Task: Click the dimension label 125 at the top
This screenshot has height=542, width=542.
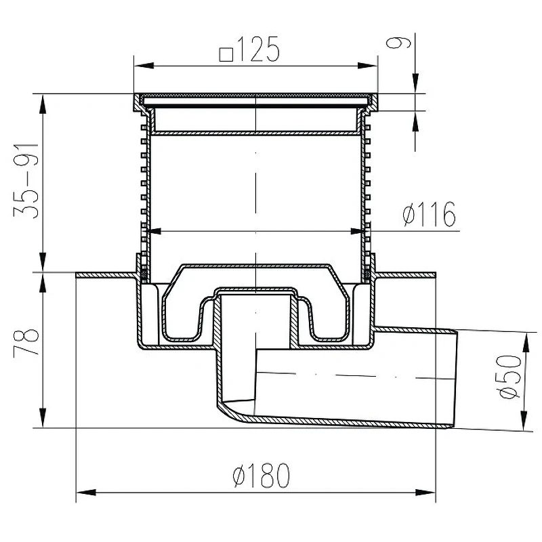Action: point(258,49)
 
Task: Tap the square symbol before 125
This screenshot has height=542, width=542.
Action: point(226,54)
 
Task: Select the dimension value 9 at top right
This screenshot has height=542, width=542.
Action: point(399,43)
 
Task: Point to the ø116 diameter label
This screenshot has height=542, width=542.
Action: point(430,214)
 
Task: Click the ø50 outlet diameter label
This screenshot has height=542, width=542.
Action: point(508,376)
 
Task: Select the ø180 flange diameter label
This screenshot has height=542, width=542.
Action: point(262,475)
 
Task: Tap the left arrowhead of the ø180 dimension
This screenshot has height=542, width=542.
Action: point(86,493)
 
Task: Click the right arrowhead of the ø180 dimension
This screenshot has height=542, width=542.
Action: point(425,493)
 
